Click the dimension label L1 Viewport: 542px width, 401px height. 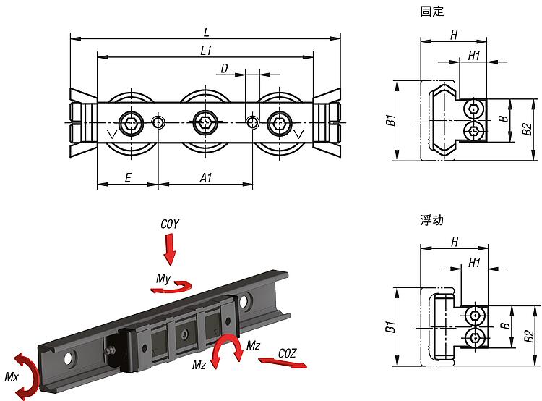(206, 51)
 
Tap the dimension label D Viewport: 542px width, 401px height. (224, 69)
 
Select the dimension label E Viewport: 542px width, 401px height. (128, 178)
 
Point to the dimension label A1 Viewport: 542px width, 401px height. (206, 178)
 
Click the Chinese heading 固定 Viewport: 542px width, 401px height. (432, 11)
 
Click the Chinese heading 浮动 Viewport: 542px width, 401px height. (431, 220)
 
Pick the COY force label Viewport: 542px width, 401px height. (170, 224)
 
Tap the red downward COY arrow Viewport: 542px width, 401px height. (170, 249)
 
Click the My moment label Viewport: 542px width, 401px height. (163, 278)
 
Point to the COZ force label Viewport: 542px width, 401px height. (287, 353)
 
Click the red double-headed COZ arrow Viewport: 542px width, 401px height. (283, 363)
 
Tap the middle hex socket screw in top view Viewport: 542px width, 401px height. (206, 122)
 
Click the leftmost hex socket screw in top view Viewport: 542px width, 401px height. (132, 122)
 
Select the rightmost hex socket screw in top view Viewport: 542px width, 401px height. (280, 122)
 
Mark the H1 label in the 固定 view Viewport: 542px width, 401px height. (474, 56)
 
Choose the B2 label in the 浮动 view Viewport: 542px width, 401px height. (528, 337)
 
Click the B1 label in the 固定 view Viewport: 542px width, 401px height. (390, 120)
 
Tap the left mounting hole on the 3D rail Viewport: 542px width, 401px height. (70, 358)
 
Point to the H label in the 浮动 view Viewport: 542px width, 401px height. (455, 242)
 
